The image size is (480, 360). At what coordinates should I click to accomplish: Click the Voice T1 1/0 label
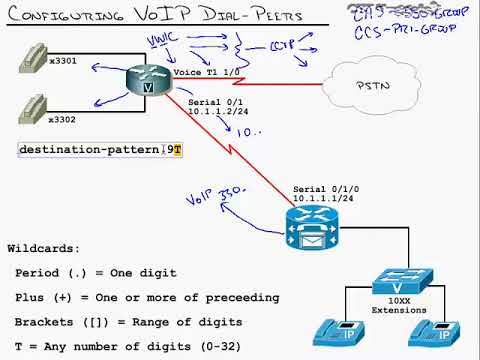point(207,72)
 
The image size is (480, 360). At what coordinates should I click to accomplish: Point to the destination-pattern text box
point(100,150)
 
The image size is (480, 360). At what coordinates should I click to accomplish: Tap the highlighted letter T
point(177,150)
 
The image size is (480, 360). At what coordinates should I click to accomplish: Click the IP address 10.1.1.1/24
point(324,198)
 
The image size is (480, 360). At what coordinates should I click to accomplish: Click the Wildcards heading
point(42,247)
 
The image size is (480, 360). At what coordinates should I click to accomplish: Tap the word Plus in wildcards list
point(31,297)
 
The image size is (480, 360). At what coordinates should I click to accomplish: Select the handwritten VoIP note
point(213,197)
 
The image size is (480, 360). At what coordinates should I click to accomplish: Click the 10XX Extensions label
point(398,306)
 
